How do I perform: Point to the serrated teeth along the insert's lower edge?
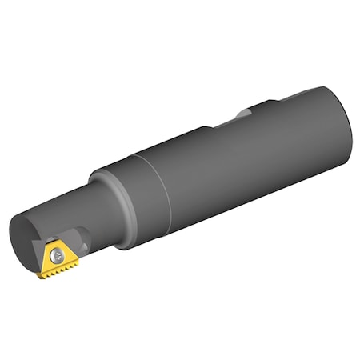[61, 270]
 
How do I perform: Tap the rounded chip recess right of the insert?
[82, 240]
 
